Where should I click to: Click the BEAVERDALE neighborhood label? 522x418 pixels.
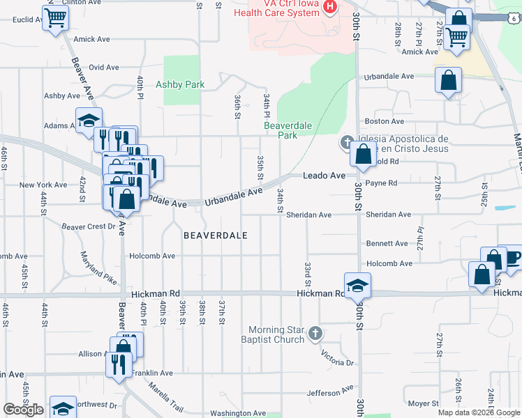click(216, 235)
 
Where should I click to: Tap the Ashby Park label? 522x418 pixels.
click(180, 84)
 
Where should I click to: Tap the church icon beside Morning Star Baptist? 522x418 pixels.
click(315, 333)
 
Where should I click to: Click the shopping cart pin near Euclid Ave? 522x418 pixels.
click(55, 19)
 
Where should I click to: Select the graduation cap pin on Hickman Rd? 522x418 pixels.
click(357, 286)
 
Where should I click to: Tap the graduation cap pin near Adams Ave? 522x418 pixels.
click(89, 121)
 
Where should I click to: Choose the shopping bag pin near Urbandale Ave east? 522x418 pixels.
click(448, 79)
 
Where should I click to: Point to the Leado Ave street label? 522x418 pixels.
click(324, 176)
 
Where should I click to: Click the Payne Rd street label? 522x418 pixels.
click(381, 183)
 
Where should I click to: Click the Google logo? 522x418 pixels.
click(23, 410)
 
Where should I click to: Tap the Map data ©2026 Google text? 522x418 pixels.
click(478, 412)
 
